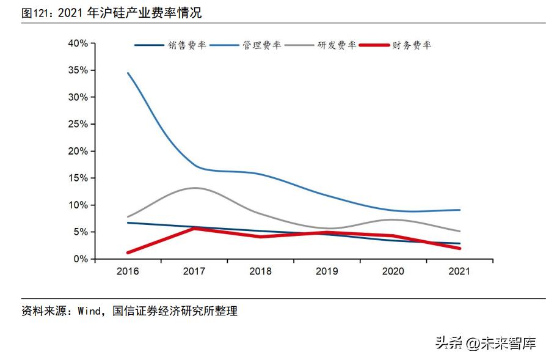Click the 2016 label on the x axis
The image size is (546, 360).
(x=128, y=271)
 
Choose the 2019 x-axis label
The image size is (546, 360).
(x=327, y=271)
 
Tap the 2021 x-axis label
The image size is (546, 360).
(x=459, y=271)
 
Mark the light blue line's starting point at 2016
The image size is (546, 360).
(x=128, y=73)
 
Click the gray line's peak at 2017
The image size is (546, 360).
(x=195, y=188)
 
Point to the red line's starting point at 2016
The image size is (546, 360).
(x=128, y=252)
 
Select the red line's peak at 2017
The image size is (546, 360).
(x=195, y=228)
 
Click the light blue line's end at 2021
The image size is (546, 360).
(x=459, y=210)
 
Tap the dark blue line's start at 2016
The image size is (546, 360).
(x=128, y=223)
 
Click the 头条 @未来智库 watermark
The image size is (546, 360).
(x=486, y=343)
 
